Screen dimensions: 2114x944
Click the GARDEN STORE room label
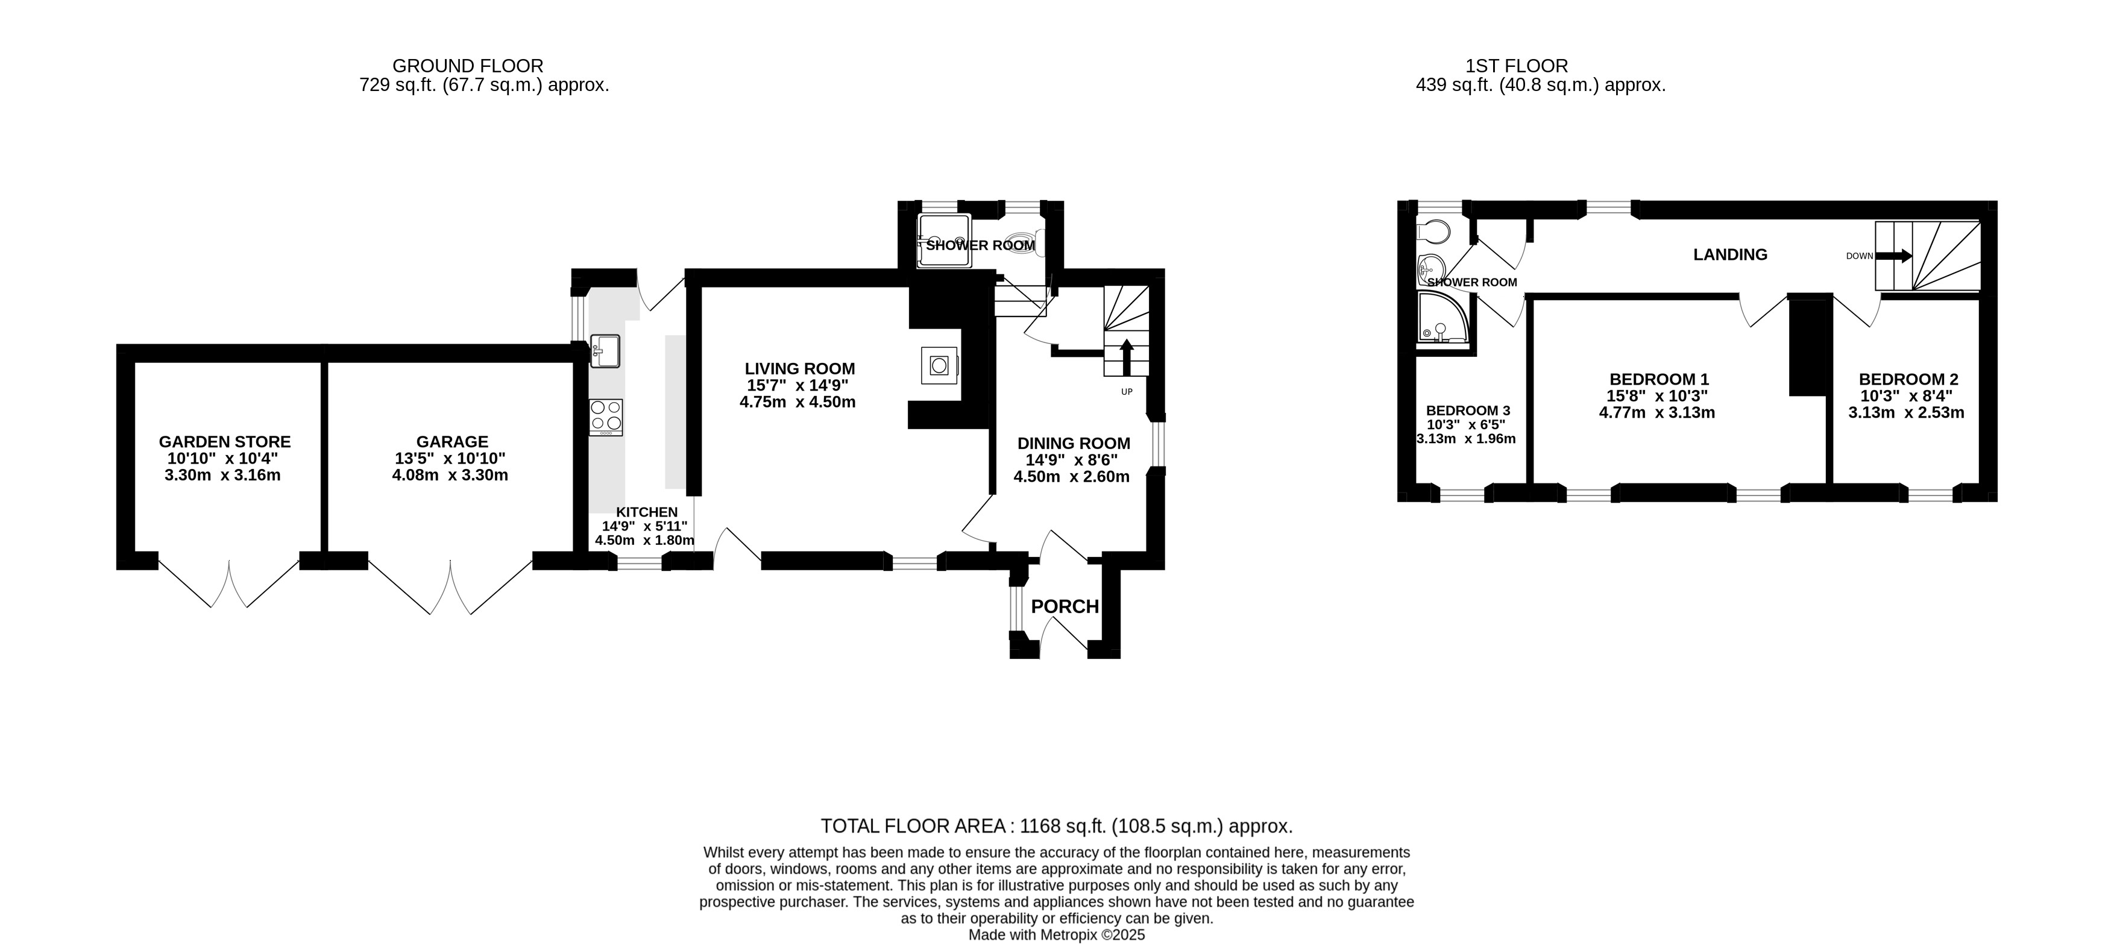pyautogui.click(x=225, y=442)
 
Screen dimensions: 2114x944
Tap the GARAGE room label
pyautogui.click(x=452, y=442)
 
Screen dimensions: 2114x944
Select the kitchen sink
pyautogui.click(x=605, y=351)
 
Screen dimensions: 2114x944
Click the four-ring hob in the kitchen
pyautogui.click(x=606, y=417)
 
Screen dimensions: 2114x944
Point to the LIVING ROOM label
pyautogui.click(x=800, y=368)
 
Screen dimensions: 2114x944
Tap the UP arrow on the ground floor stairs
pyautogui.click(x=1127, y=356)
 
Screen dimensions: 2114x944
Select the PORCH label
pyautogui.click(x=1065, y=606)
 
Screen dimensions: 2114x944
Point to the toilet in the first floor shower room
pyautogui.click(x=1433, y=231)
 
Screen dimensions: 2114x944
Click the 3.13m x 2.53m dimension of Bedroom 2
pyautogui.click(x=1907, y=412)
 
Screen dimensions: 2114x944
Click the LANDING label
pyautogui.click(x=1730, y=254)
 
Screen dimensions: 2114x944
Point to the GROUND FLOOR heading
pyautogui.click(x=468, y=66)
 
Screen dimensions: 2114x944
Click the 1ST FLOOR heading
pyautogui.click(x=1517, y=66)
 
